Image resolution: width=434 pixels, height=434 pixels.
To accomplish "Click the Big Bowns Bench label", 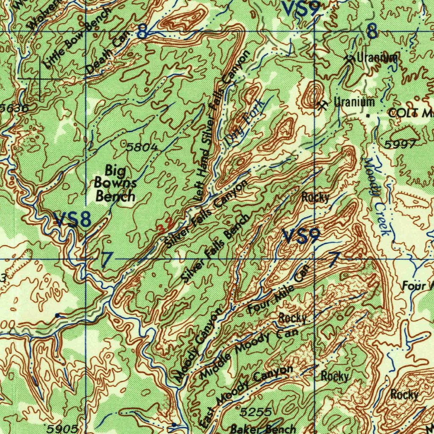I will [x=115, y=183].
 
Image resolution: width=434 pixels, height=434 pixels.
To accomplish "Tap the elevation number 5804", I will [x=142, y=147].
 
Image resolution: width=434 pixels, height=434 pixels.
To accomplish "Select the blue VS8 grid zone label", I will [x=72, y=220].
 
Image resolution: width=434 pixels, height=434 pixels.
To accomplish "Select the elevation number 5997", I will [x=400, y=145].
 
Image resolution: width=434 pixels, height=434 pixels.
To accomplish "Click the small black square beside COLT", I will [x=368, y=115].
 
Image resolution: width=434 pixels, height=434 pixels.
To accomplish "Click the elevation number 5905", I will [x=62, y=428].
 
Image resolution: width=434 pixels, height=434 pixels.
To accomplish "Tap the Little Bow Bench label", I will [x=78, y=38].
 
